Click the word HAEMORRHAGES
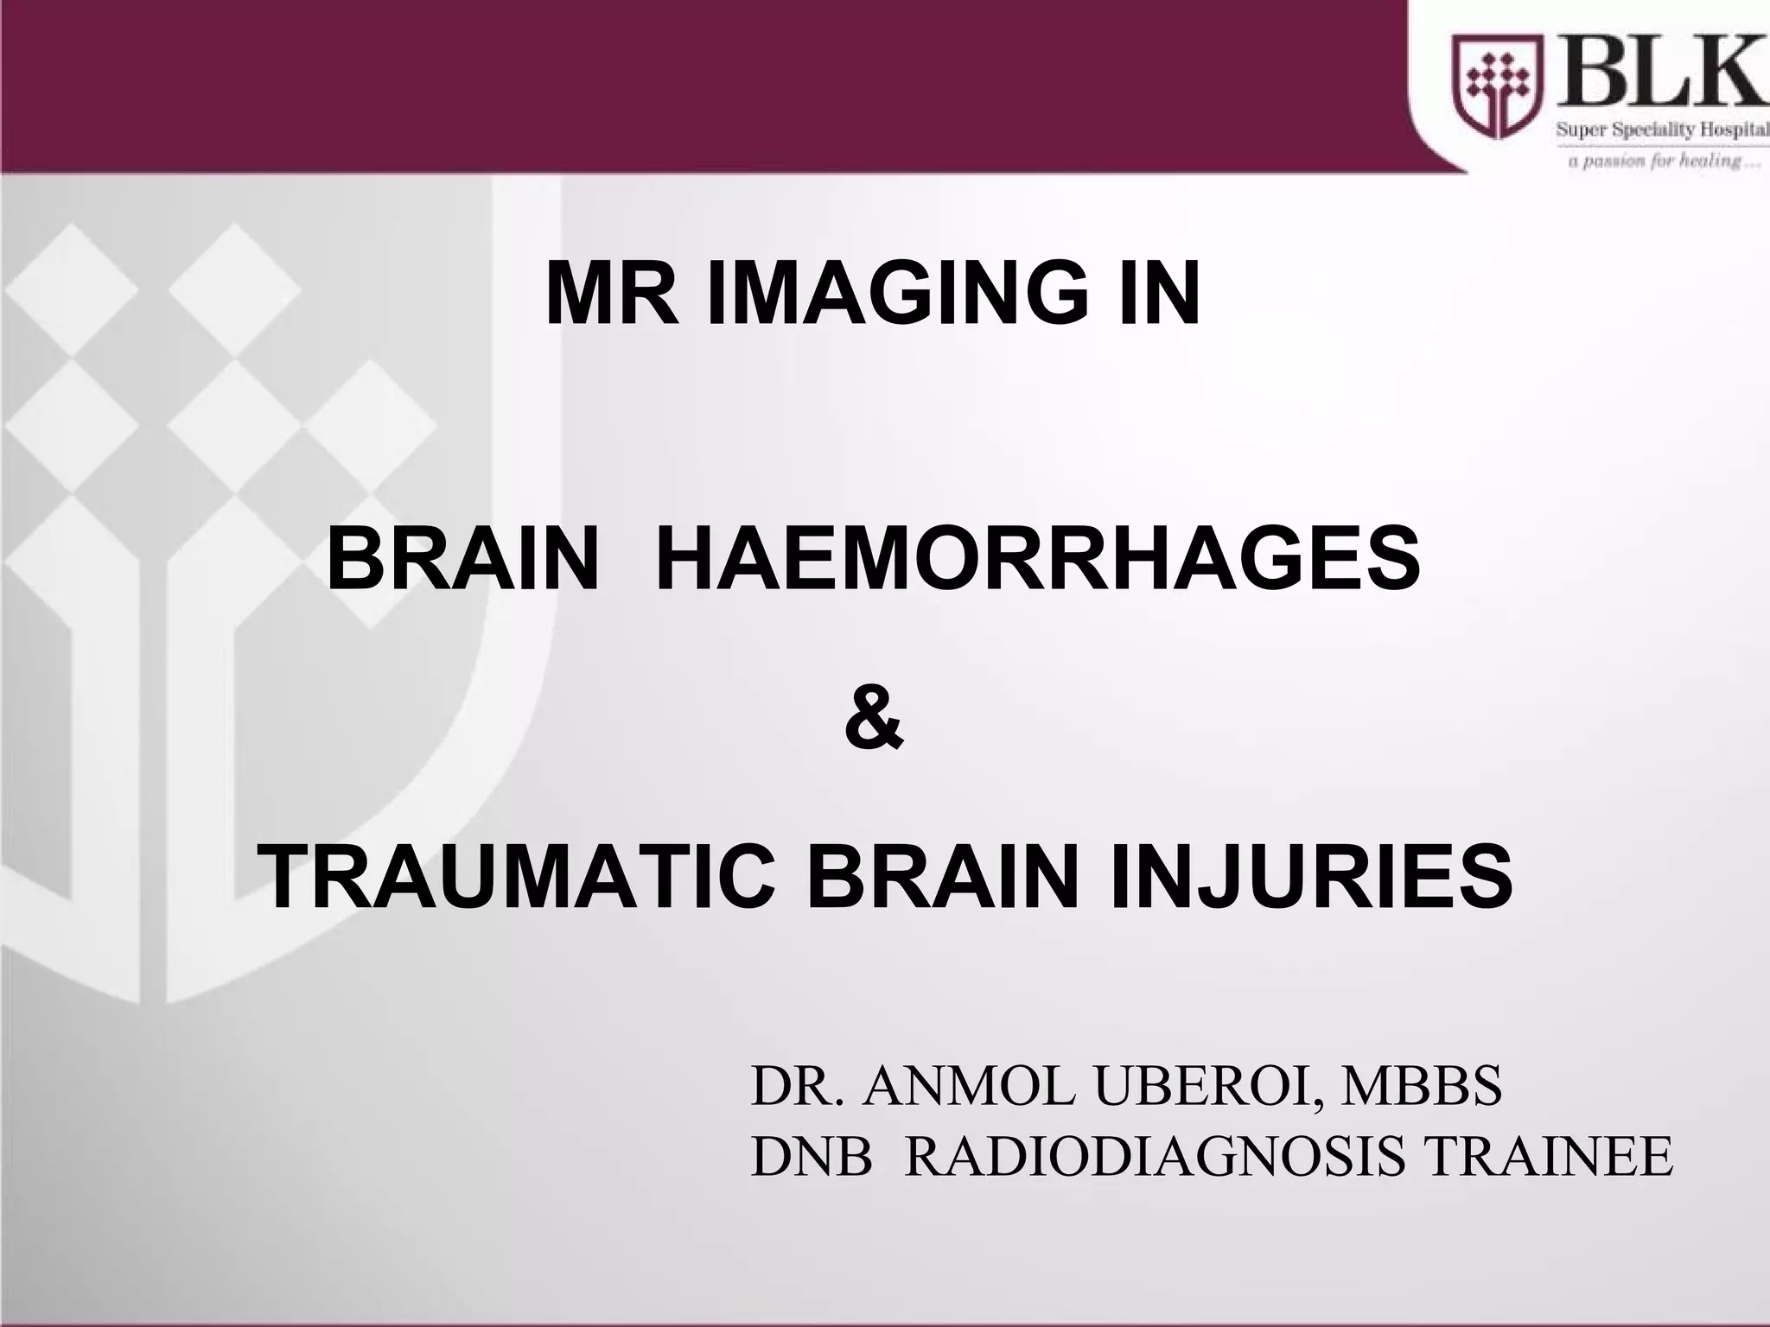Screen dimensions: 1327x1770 (x=1038, y=559)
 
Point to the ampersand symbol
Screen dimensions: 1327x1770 (x=874, y=718)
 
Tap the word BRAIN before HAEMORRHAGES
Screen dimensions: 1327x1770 (x=463, y=559)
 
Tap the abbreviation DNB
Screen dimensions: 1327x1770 (x=812, y=1157)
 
